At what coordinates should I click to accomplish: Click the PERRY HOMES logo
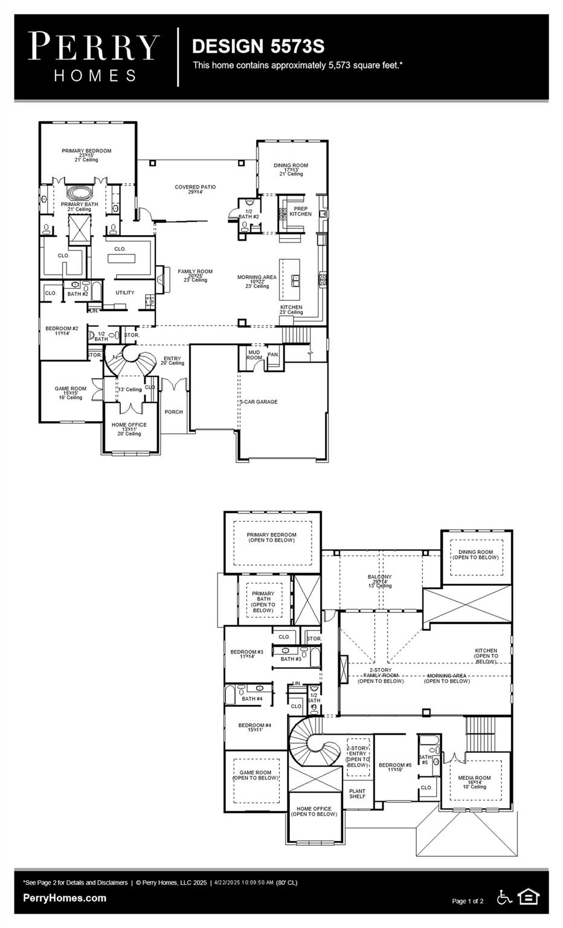click(x=94, y=57)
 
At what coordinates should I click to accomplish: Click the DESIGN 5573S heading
click(x=258, y=47)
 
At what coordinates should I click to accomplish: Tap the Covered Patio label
click(x=195, y=189)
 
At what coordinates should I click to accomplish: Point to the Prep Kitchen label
click(x=300, y=211)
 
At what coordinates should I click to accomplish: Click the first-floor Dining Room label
click(x=291, y=169)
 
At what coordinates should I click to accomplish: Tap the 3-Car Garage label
click(x=259, y=402)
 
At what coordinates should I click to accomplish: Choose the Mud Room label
click(x=254, y=355)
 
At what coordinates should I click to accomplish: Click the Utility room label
click(x=125, y=292)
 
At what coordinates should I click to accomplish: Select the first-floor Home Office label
click(x=129, y=428)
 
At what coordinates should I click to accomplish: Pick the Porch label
click(x=173, y=412)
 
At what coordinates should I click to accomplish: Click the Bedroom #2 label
click(x=62, y=330)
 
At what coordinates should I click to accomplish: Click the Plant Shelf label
click(x=357, y=793)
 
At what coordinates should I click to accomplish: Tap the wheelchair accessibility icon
click(x=504, y=897)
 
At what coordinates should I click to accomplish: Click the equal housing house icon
click(x=529, y=897)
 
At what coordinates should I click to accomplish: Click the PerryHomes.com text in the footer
click(x=65, y=898)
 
